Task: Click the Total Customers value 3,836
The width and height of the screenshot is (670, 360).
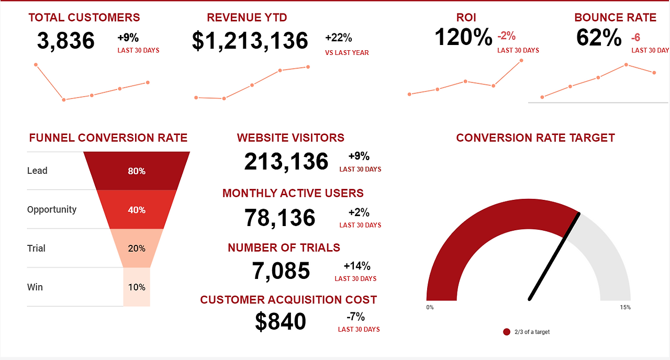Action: click(x=66, y=41)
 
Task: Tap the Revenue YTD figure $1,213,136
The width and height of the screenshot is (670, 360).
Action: click(x=250, y=41)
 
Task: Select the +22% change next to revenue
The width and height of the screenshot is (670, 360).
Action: click(x=339, y=38)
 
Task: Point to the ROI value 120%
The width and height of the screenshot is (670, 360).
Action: click(x=463, y=37)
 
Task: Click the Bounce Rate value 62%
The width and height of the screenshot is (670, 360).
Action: click(x=599, y=38)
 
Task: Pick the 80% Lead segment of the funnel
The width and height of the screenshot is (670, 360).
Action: click(x=137, y=171)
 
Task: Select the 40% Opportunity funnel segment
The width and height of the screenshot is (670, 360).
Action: click(x=137, y=210)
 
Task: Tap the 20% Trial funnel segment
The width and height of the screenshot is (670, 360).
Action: click(x=137, y=249)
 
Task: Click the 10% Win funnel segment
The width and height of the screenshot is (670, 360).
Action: click(x=137, y=287)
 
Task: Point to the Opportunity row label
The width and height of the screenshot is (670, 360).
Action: click(x=52, y=209)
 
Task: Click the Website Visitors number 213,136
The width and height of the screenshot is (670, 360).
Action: click(x=286, y=162)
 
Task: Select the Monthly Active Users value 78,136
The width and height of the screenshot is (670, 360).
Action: click(x=280, y=218)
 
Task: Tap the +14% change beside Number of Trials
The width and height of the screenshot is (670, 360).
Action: click(x=357, y=266)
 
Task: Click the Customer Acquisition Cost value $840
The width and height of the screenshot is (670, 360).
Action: click(x=281, y=321)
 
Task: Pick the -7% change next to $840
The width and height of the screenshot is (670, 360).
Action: click(x=355, y=317)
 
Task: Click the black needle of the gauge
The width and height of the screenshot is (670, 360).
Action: click(x=555, y=256)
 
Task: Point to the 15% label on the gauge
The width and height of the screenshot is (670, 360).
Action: click(x=625, y=308)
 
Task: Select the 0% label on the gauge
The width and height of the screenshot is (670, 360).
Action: click(x=430, y=308)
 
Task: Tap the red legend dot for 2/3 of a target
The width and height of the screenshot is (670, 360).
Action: click(x=506, y=332)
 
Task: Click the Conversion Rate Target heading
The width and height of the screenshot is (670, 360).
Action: click(x=535, y=138)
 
